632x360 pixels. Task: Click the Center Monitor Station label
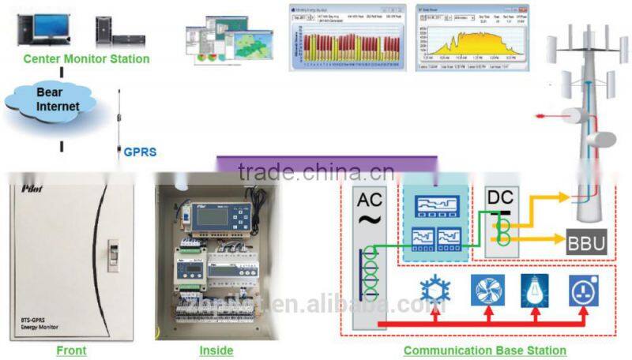coord(86,59)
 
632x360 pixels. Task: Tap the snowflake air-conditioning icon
coord(434,290)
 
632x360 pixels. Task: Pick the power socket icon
coord(582,290)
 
